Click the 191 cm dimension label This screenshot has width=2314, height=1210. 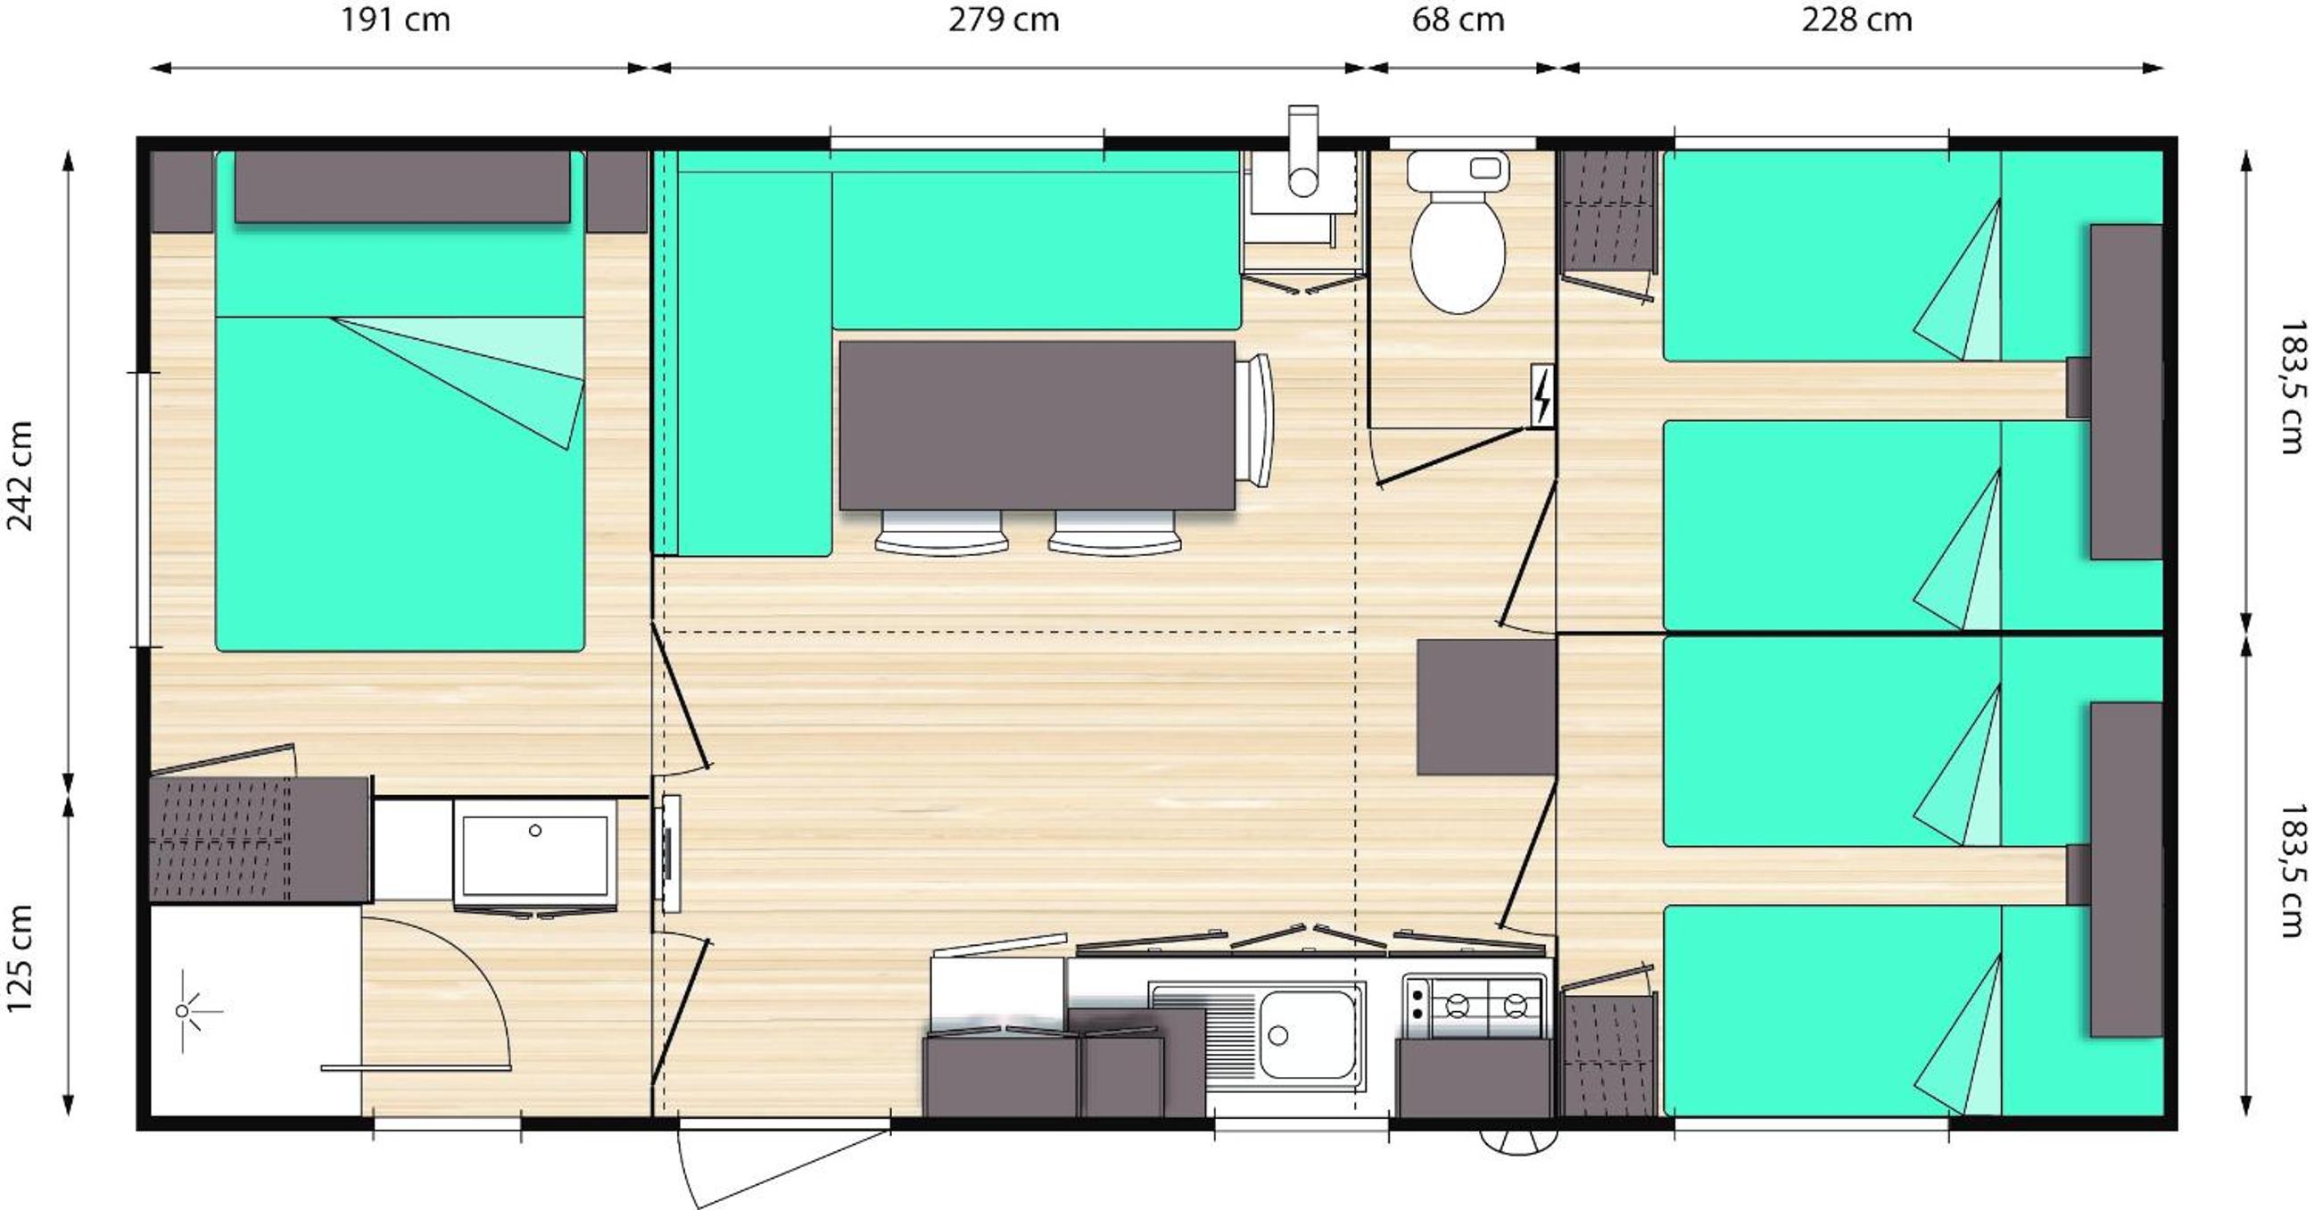point(395,20)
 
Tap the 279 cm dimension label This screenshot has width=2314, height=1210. point(1004,20)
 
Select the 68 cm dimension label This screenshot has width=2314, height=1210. point(1458,20)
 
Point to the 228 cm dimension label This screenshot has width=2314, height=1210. point(1856,20)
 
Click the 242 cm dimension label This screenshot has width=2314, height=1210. point(20,477)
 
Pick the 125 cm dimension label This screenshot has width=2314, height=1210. point(20,958)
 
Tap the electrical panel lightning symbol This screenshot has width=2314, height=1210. point(1542,395)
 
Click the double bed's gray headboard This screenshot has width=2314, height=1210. point(402,186)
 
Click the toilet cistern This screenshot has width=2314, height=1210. point(1458,170)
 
